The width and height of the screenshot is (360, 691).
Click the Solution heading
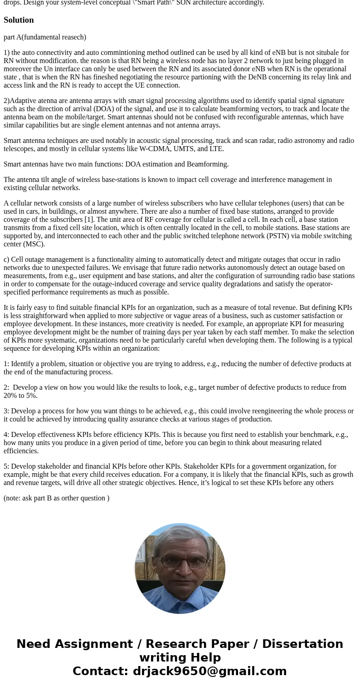19,20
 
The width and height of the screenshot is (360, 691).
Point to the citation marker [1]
89,220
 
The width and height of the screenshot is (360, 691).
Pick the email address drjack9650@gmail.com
209,671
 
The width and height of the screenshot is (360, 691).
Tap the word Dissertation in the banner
302,644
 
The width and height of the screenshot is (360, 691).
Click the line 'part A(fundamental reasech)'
45,37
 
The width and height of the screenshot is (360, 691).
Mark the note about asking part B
56,498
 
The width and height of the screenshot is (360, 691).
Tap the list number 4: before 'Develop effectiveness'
6,435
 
